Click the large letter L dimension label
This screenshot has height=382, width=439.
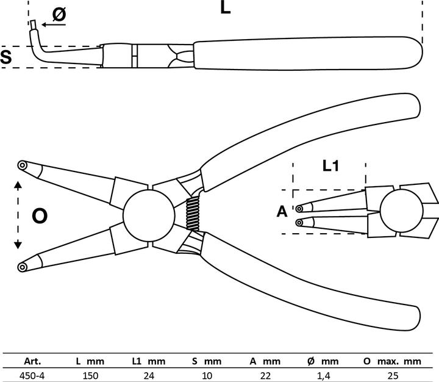tap(225, 9)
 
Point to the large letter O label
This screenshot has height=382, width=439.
tap(40, 215)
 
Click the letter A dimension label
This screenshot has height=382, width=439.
tap(282, 212)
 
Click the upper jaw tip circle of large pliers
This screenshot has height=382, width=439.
tap(23, 165)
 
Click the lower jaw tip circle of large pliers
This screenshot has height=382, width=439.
tap(23, 266)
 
